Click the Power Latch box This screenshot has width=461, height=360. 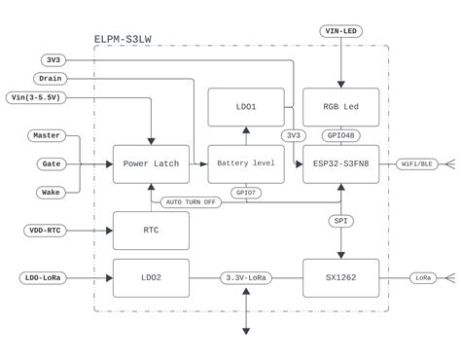[151, 164]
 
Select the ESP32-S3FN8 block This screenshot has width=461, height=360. [339, 164]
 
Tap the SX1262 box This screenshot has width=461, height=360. [339, 277]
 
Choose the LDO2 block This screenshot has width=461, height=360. [151, 277]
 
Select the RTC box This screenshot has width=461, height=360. [151, 231]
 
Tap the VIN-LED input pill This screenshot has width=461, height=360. [339, 32]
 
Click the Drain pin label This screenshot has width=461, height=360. [50, 78]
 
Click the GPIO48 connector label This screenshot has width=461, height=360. [339, 135]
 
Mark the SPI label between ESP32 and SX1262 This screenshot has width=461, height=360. [339, 221]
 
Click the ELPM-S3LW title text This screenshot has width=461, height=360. [123, 40]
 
